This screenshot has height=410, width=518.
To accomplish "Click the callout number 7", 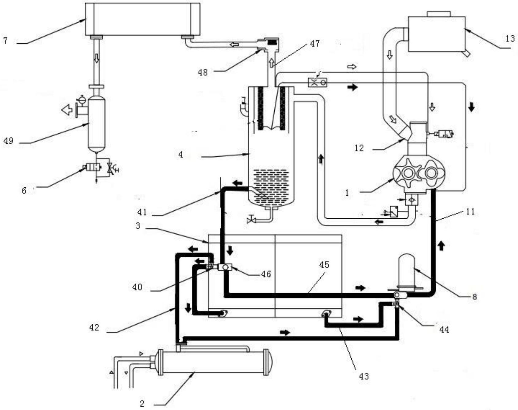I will (x=5, y=40).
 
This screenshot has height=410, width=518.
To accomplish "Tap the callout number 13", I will (x=510, y=39).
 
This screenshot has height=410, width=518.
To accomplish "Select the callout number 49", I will (x=8, y=141).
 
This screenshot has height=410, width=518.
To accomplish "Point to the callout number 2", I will (x=142, y=404).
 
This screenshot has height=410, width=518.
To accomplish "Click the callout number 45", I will (x=324, y=265).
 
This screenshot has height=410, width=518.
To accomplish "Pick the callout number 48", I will (x=203, y=72).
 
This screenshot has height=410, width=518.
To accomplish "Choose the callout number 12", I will (x=359, y=148).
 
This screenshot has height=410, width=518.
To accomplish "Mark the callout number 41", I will (x=142, y=212).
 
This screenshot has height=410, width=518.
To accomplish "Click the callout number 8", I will (x=474, y=297).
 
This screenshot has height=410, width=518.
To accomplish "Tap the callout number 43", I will (x=364, y=376).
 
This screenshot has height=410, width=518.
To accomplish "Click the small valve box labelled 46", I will (x=225, y=267).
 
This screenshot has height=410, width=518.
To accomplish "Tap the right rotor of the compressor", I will (x=431, y=173).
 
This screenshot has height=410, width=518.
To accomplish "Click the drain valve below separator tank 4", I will (x=251, y=220).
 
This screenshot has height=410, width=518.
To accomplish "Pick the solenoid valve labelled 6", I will (x=93, y=167).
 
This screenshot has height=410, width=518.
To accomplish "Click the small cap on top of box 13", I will (x=439, y=14).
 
